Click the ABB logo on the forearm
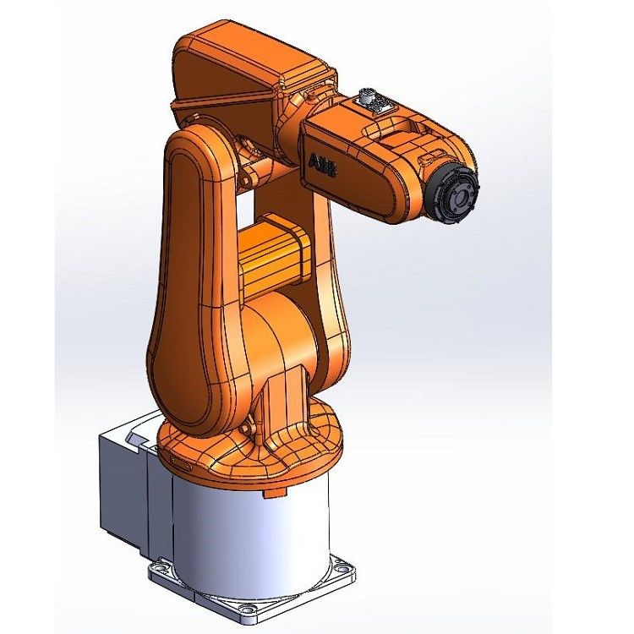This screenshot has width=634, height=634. click(323, 165)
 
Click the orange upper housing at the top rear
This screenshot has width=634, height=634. click(245, 63)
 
